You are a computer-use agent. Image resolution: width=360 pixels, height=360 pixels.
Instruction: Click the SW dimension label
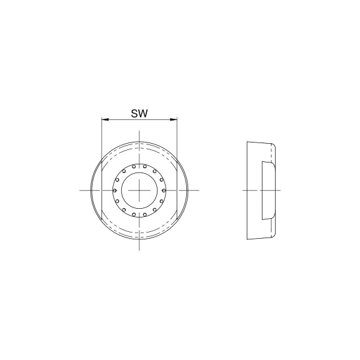click(139, 114)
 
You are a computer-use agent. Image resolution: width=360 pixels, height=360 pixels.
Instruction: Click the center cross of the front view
click(139, 189)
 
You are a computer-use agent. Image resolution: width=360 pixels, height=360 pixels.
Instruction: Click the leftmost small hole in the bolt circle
click(114, 189)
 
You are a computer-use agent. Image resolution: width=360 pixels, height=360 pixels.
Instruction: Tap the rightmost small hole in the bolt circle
click(163, 189)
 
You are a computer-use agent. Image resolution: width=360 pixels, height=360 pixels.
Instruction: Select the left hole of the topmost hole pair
click(134, 166)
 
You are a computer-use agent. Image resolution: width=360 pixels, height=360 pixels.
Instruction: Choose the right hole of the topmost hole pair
click(144, 166)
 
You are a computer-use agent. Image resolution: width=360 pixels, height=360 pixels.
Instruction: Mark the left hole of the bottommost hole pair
click(134, 214)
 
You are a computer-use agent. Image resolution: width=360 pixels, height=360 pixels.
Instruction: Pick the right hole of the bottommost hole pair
click(144, 214)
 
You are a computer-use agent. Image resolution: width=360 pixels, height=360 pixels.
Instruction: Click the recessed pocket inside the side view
click(266, 189)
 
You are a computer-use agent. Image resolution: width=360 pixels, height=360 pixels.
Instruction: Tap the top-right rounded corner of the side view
click(273, 145)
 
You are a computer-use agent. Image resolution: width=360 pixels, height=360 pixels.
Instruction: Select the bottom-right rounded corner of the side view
click(273, 234)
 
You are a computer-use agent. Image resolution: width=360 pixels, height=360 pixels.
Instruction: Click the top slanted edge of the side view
click(259, 142)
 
